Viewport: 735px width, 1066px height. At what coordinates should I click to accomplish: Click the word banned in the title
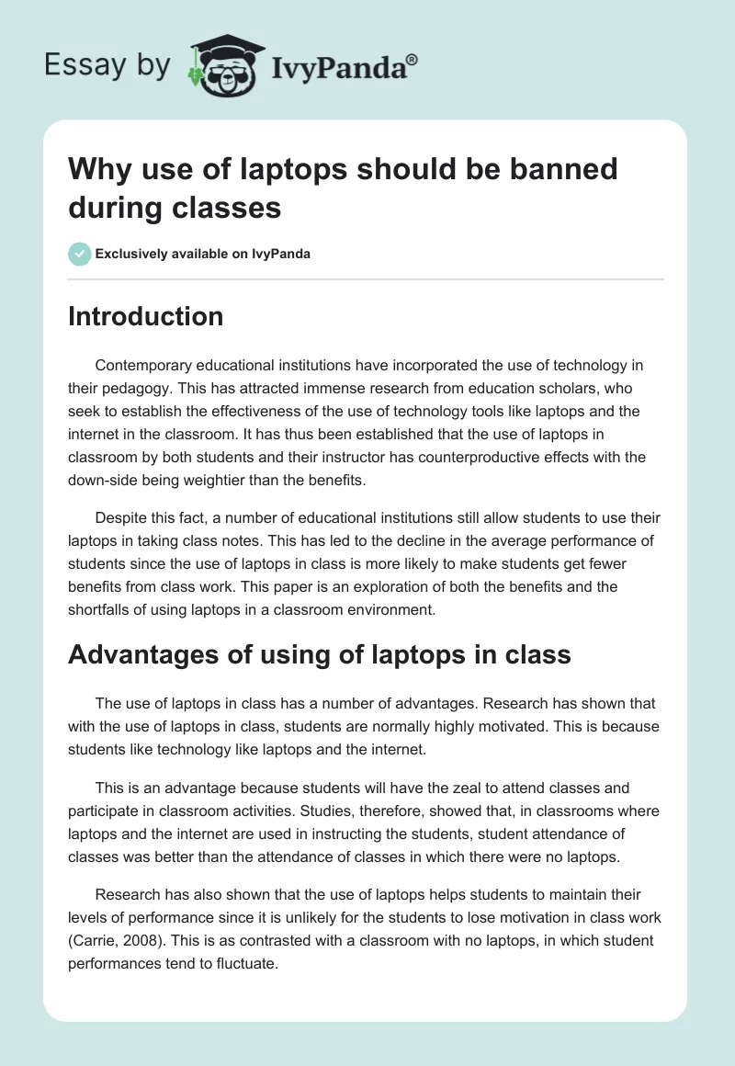560,169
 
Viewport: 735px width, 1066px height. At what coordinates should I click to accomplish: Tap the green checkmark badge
80,254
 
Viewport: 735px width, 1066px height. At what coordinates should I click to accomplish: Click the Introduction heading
145,317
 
